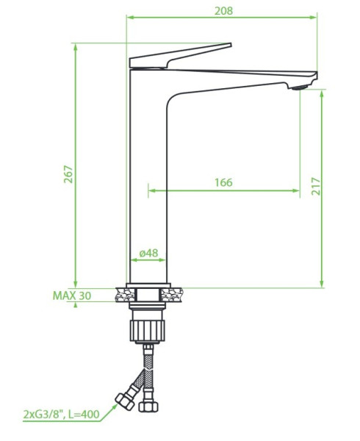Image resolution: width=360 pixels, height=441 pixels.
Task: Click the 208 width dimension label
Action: click(x=223, y=11)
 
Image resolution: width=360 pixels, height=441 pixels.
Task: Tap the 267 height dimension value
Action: click(x=68, y=174)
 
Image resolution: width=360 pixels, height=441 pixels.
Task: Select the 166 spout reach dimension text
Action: click(x=223, y=182)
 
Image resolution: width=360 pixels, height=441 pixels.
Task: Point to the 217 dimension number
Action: click(x=316, y=186)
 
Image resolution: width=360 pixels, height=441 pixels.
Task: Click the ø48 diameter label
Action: click(x=148, y=253)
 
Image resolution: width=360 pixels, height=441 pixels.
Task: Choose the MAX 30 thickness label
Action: click(x=72, y=295)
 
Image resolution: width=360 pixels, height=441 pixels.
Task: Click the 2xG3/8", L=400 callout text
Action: click(x=61, y=415)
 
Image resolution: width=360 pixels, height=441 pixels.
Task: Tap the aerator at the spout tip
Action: click(x=300, y=87)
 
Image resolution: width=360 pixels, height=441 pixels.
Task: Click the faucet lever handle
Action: click(x=180, y=55)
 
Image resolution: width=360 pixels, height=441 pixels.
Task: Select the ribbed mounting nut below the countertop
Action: click(x=147, y=330)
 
